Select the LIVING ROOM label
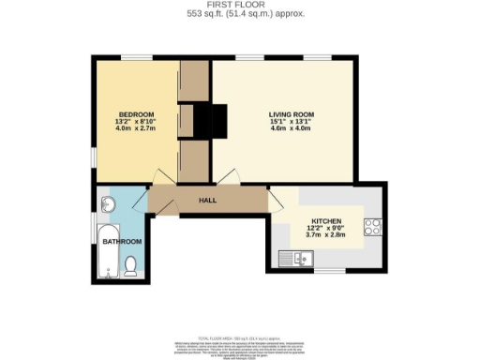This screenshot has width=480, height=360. [x=284, y=114]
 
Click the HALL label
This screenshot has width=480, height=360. [x=208, y=200]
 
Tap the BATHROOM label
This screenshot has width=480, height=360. [x=122, y=242]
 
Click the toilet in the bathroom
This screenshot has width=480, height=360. [x=130, y=270]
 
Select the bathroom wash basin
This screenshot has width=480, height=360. [x=106, y=203]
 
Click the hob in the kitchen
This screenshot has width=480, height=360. [x=372, y=227]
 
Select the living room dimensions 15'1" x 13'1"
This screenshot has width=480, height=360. [x=284, y=123]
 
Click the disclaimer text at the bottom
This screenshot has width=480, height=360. [x=238, y=346]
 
